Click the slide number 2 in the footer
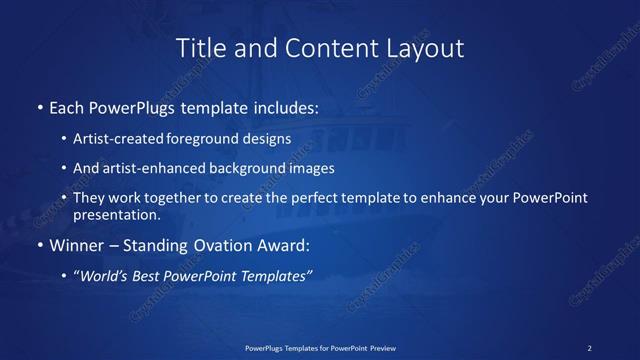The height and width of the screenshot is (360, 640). pos(590,347)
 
